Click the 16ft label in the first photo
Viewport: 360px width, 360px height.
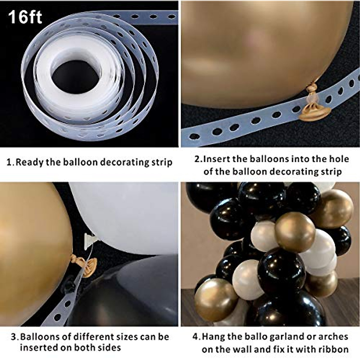pos(25,17)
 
